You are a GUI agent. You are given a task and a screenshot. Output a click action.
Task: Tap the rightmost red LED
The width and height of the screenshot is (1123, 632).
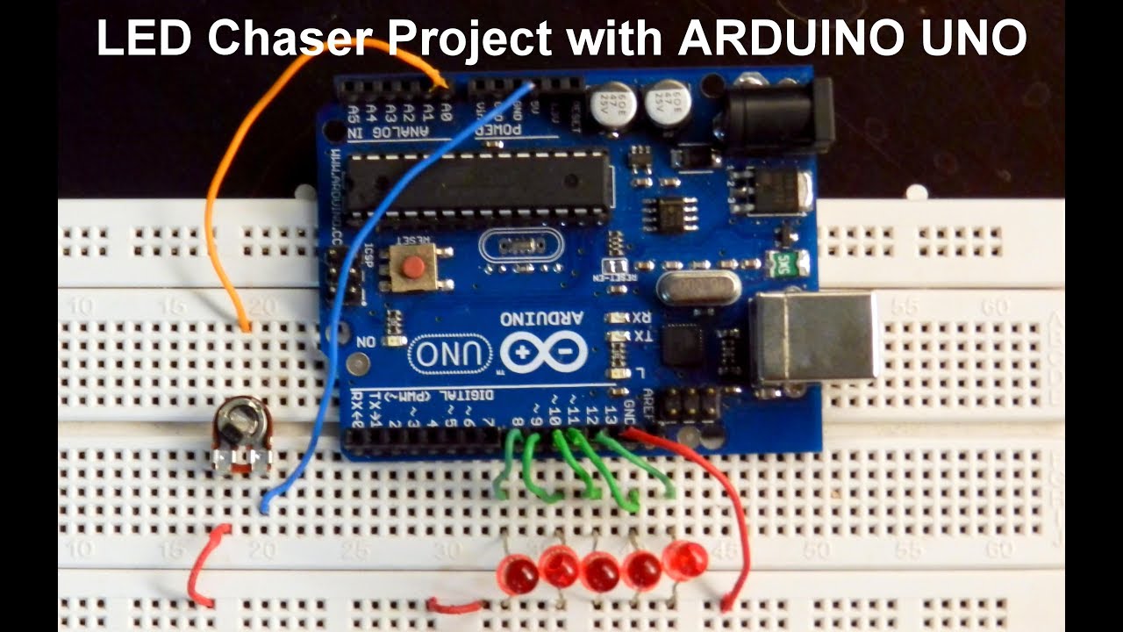(685, 557)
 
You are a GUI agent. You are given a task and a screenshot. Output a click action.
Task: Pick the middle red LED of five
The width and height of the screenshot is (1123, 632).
(601, 571)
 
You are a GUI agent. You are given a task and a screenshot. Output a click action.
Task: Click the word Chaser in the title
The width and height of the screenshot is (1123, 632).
(295, 39)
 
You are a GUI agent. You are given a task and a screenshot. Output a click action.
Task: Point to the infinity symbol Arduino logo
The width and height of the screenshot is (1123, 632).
(545, 352)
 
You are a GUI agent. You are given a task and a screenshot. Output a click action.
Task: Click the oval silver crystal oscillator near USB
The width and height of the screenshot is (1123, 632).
(689, 287)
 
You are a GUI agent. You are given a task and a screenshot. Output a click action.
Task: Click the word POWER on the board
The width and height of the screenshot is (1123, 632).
(503, 129)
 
